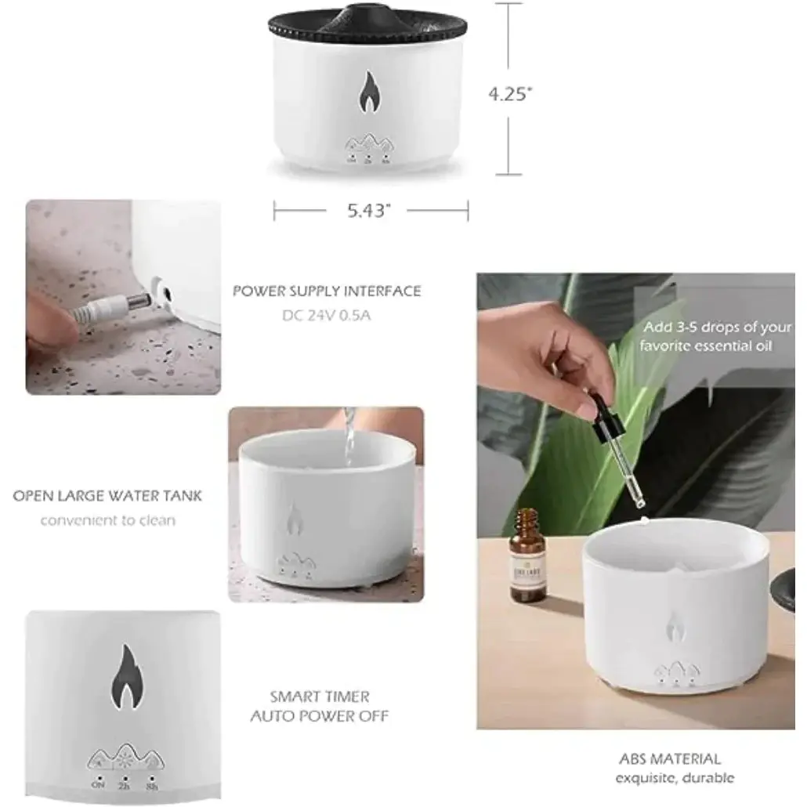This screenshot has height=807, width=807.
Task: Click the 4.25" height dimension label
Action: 510,94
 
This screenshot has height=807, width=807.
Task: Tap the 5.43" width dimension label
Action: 366,211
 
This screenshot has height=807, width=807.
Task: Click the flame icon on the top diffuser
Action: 367,93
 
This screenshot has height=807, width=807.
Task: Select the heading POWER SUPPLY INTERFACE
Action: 327,291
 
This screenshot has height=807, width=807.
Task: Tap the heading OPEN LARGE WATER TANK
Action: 107,496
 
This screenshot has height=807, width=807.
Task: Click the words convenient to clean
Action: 108,519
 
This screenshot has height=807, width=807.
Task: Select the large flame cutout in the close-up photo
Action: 122,679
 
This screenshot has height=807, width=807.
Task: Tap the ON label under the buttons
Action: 99,784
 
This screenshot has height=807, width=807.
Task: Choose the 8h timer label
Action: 151,784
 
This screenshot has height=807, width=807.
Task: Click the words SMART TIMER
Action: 320,696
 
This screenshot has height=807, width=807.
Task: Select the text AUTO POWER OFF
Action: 320,715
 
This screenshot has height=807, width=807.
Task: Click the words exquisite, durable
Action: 675,778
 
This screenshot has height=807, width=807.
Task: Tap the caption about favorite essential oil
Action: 706,336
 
